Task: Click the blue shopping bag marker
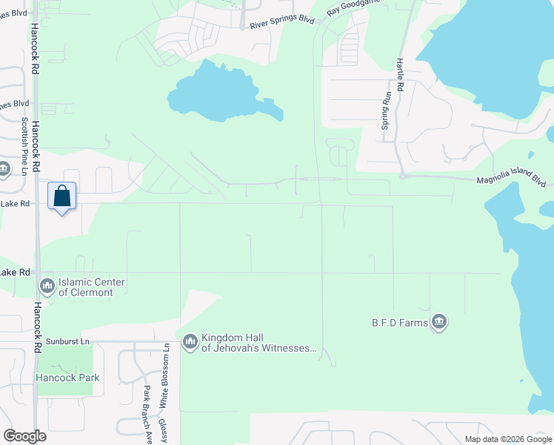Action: [x=62, y=197]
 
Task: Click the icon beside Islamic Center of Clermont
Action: [x=47, y=286]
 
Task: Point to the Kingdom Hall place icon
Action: [x=190, y=341]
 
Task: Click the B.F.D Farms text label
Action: [x=401, y=323]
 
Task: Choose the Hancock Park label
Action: [x=67, y=378]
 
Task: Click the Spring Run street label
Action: [x=385, y=111]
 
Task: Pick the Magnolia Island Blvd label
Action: [x=511, y=181]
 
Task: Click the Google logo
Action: [x=24, y=436]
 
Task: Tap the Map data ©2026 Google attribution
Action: [x=507, y=439]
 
